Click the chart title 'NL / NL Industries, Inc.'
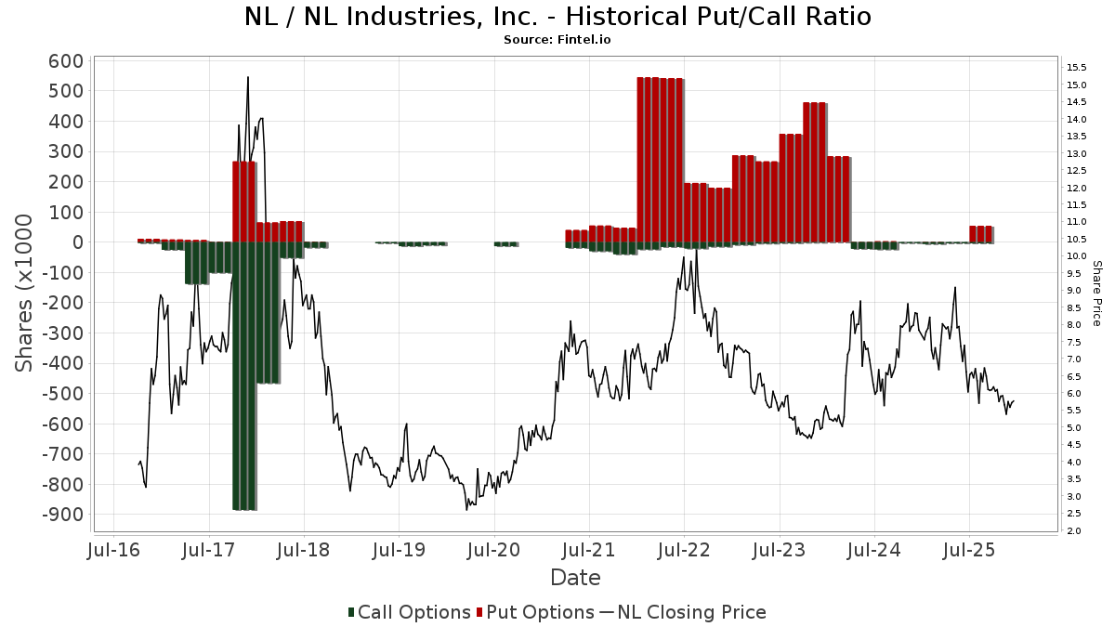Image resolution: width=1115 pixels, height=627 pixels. click(557, 17)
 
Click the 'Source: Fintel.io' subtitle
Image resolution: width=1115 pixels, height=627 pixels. click(557, 40)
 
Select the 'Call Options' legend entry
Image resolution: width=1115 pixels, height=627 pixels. click(409, 612)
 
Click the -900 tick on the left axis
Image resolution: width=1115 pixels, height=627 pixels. click(61, 515)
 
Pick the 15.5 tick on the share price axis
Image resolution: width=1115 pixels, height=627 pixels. click(1077, 68)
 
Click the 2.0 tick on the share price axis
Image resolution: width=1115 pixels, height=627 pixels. click(1074, 531)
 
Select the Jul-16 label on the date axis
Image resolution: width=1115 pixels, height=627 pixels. click(114, 550)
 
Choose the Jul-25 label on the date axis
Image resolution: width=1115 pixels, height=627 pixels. click(969, 550)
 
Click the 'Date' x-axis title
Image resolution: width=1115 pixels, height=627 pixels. click(575, 578)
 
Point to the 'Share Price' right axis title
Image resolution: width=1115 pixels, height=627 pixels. click(1096, 293)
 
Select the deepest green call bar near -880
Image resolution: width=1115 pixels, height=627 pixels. click(244, 418)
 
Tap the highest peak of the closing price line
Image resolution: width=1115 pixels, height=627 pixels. click(247, 78)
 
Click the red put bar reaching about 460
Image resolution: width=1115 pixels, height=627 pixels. click(815, 172)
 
